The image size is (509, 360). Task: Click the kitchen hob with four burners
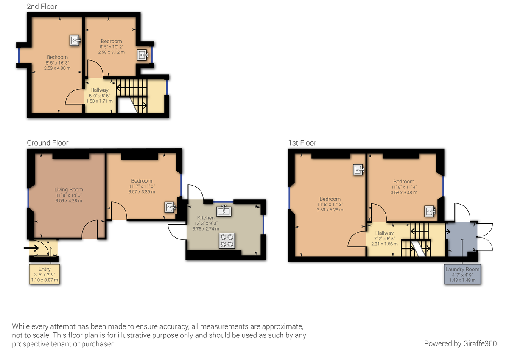point(227,241)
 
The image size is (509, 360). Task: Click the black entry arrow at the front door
point(31,247)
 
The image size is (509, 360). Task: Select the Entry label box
point(45,274)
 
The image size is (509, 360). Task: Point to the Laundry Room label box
point(462,274)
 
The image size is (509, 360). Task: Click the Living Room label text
point(69,190)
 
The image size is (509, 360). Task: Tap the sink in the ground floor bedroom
point(170,207)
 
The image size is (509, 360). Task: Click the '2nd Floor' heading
point(42,6)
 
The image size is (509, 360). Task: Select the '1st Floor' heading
point(302,143)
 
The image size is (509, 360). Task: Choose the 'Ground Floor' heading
point(48,143)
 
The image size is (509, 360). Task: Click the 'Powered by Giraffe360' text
point(460,343)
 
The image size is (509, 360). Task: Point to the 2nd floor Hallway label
point(99,90)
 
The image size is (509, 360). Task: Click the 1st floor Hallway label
point(384,233)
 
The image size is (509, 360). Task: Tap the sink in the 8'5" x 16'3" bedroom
point(75,40)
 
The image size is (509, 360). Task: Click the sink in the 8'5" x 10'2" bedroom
point(143,55)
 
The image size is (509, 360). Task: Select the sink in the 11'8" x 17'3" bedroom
point(359,170)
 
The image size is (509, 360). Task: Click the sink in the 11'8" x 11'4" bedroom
point(430,211)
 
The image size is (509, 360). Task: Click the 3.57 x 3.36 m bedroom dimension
point(142,191)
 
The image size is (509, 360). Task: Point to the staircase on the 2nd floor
point(132,95)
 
